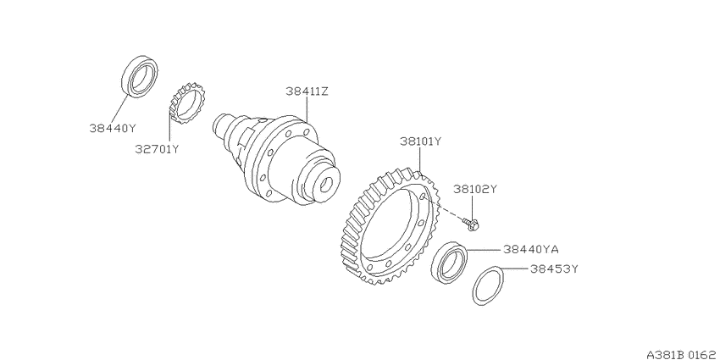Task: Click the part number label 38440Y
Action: click(113, 129)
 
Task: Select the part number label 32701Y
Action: click(157, 149)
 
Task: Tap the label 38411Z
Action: click(307, 91)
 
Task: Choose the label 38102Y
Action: click(475, 189)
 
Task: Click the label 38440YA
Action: click(530, 249)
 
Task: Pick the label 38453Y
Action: click(553, 269)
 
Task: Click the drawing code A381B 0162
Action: click(683, 354)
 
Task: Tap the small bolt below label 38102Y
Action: click(472, 224)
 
